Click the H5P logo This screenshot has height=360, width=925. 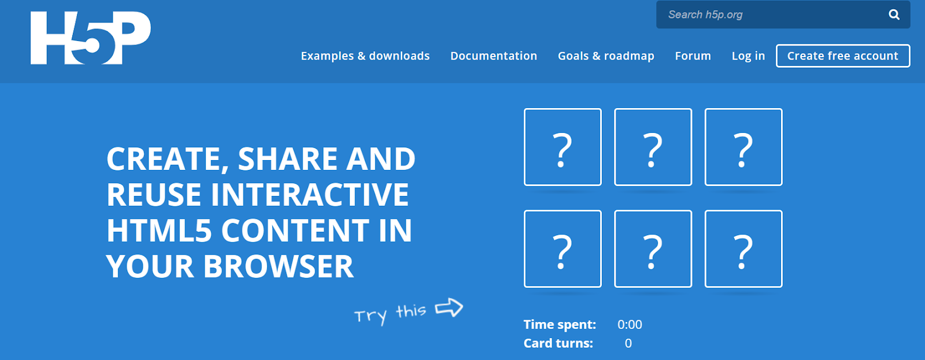tap(90, 38)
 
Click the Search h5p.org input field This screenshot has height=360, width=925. tap(769, 14)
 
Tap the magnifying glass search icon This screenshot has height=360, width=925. tap(894, 14)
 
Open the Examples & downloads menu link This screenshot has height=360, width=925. tap(365, 56)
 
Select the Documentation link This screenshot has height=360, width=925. tap(493, 56)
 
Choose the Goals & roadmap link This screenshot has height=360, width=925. tap(605, 56)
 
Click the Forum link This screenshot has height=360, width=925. tap(693, 56)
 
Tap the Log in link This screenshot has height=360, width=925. tap(748, 56)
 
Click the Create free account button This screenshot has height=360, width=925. tap(842, 56)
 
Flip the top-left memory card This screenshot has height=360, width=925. tap(563, 147)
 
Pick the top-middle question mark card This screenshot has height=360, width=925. tap(653, 147)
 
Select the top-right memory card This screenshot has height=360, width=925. tap(743, 147)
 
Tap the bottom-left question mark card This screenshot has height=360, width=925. tap(563, 249)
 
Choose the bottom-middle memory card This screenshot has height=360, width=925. tap(653, 249)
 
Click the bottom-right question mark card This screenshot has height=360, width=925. tap(743, 249)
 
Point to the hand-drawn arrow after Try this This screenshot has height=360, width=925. tap(449, 307)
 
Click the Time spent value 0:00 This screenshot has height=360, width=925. tap(630, 325)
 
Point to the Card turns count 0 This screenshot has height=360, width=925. tap(628, 343)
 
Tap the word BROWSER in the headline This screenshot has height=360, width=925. tap(278, 266)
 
